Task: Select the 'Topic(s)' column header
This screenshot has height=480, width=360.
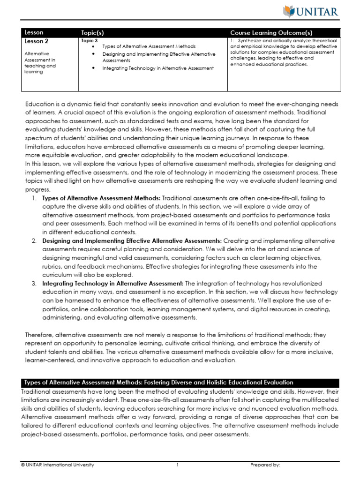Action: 96,33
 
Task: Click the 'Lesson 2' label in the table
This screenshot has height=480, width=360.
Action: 36,41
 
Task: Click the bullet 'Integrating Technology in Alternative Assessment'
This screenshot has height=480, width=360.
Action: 158,68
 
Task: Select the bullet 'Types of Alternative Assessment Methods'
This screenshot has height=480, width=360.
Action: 149,47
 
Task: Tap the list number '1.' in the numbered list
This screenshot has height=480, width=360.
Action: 34,198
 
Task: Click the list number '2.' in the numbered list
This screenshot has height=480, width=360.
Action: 34,241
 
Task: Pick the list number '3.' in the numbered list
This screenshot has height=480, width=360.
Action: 34,284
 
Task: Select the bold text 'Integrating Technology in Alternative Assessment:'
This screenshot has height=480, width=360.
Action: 113,284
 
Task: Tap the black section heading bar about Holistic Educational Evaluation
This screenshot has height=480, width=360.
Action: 180,382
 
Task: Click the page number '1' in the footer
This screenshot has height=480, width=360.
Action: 178,465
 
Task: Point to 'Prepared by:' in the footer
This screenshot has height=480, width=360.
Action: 265,465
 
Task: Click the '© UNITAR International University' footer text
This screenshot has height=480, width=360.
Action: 58,465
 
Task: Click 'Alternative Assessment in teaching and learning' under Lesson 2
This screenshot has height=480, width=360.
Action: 40,63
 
